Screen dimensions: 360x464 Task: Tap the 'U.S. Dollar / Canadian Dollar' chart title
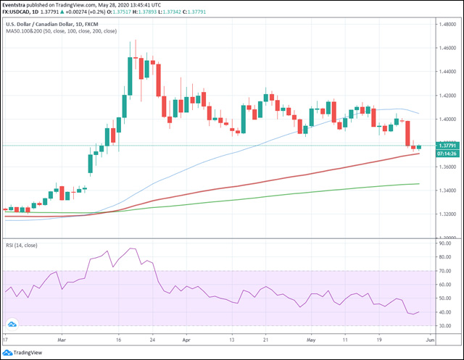click(43, 24)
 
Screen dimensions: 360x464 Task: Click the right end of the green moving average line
click(419, 183)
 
